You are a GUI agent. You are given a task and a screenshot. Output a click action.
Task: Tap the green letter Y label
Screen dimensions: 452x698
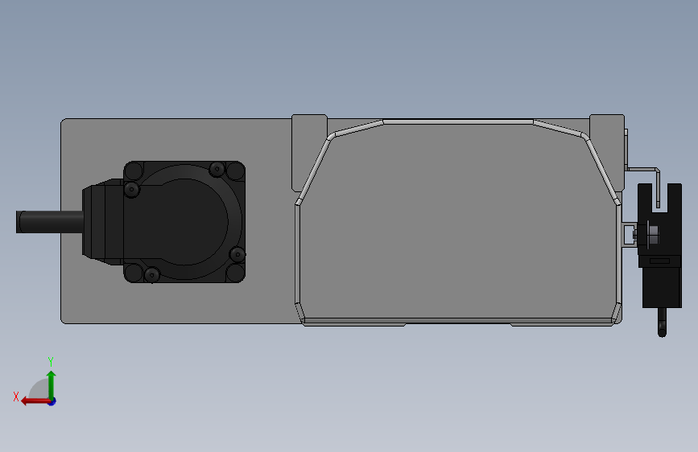pyautogui.click(x=51, y=361)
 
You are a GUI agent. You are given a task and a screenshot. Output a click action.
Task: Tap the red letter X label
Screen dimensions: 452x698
pyautogui.click(x=15, y=396)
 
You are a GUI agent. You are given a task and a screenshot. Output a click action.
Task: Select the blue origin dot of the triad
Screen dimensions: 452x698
pyautogui.click(x=51, y=401)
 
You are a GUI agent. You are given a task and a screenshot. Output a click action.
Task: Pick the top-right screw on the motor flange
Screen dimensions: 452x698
pyautogui.click(x=217, y=169)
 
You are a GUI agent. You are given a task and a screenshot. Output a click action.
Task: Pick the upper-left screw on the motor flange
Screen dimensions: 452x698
pyautogui.click(x=132, y=189)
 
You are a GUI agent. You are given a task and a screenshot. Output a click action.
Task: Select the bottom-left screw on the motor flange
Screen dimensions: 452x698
pyautogui.click(x=151, y=276)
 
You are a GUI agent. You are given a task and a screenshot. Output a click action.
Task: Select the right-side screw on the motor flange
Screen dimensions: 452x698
pyautogui.click(x=237, y=255)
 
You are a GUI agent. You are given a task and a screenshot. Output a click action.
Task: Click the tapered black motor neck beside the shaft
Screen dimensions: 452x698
pyautogui.click(x=101, y=222)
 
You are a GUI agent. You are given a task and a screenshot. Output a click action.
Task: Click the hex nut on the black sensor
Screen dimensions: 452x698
pyautogui.click(x=653, y=235)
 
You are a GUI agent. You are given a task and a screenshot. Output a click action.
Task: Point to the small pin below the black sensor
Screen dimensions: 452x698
pyautogui.click(x=662, y=323)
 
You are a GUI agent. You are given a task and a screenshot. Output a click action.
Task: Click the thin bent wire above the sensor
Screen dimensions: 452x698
pyautogui.click(x=644, y=169)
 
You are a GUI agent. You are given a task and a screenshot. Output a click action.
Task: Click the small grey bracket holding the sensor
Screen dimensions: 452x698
pyautogui.click(x=628, y=234)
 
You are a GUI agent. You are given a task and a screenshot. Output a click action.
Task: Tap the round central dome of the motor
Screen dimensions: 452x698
pyautogui.click(x=193, y=222)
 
